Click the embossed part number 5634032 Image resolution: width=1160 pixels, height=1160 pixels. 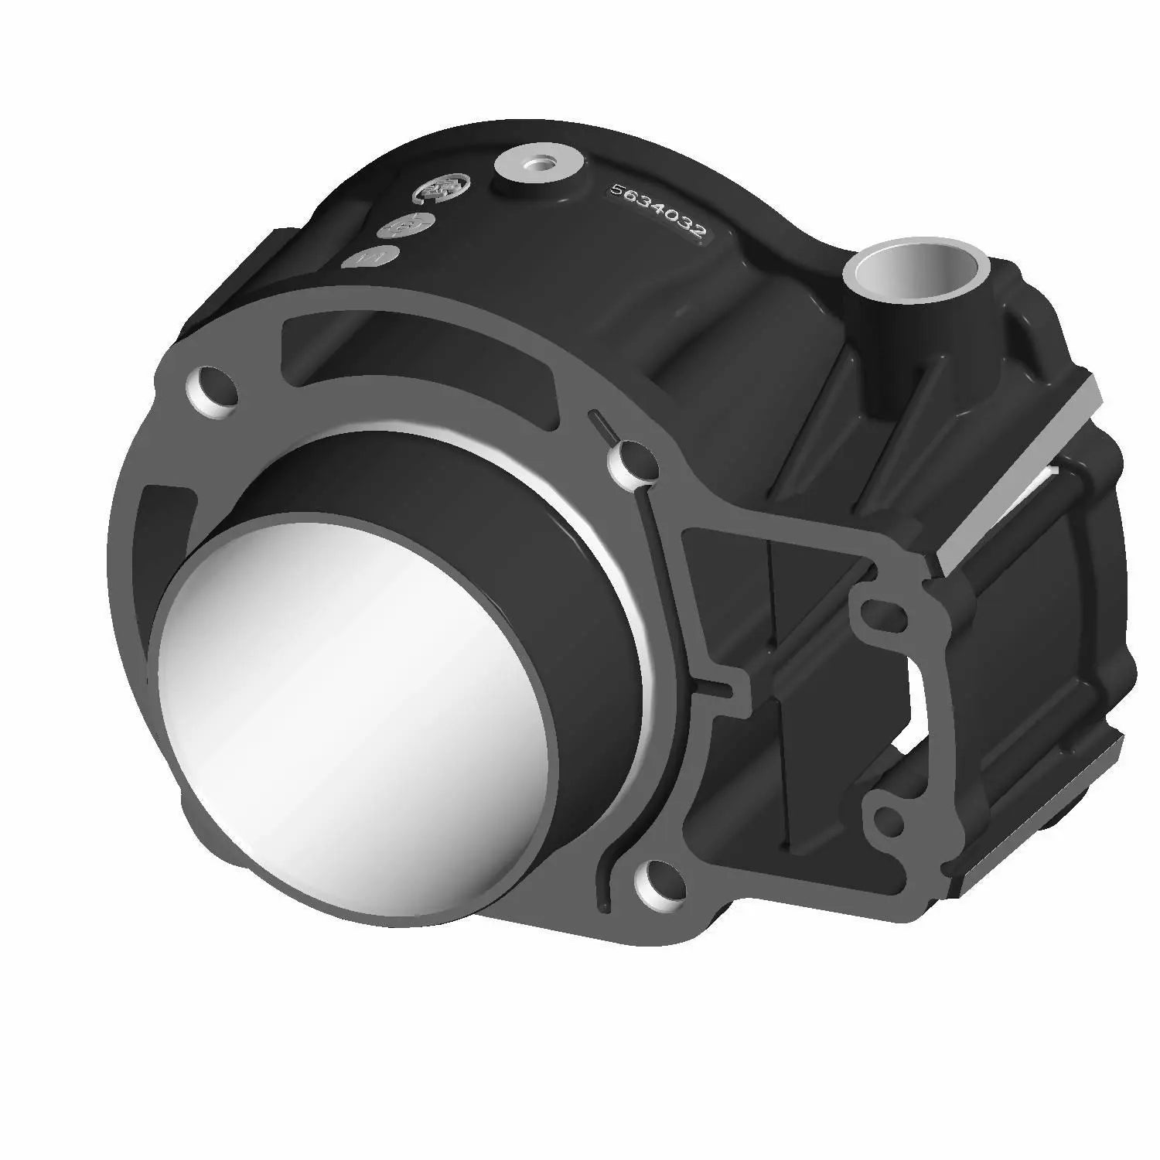[657, 213]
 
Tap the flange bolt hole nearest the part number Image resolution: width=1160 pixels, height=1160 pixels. [632, 461]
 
